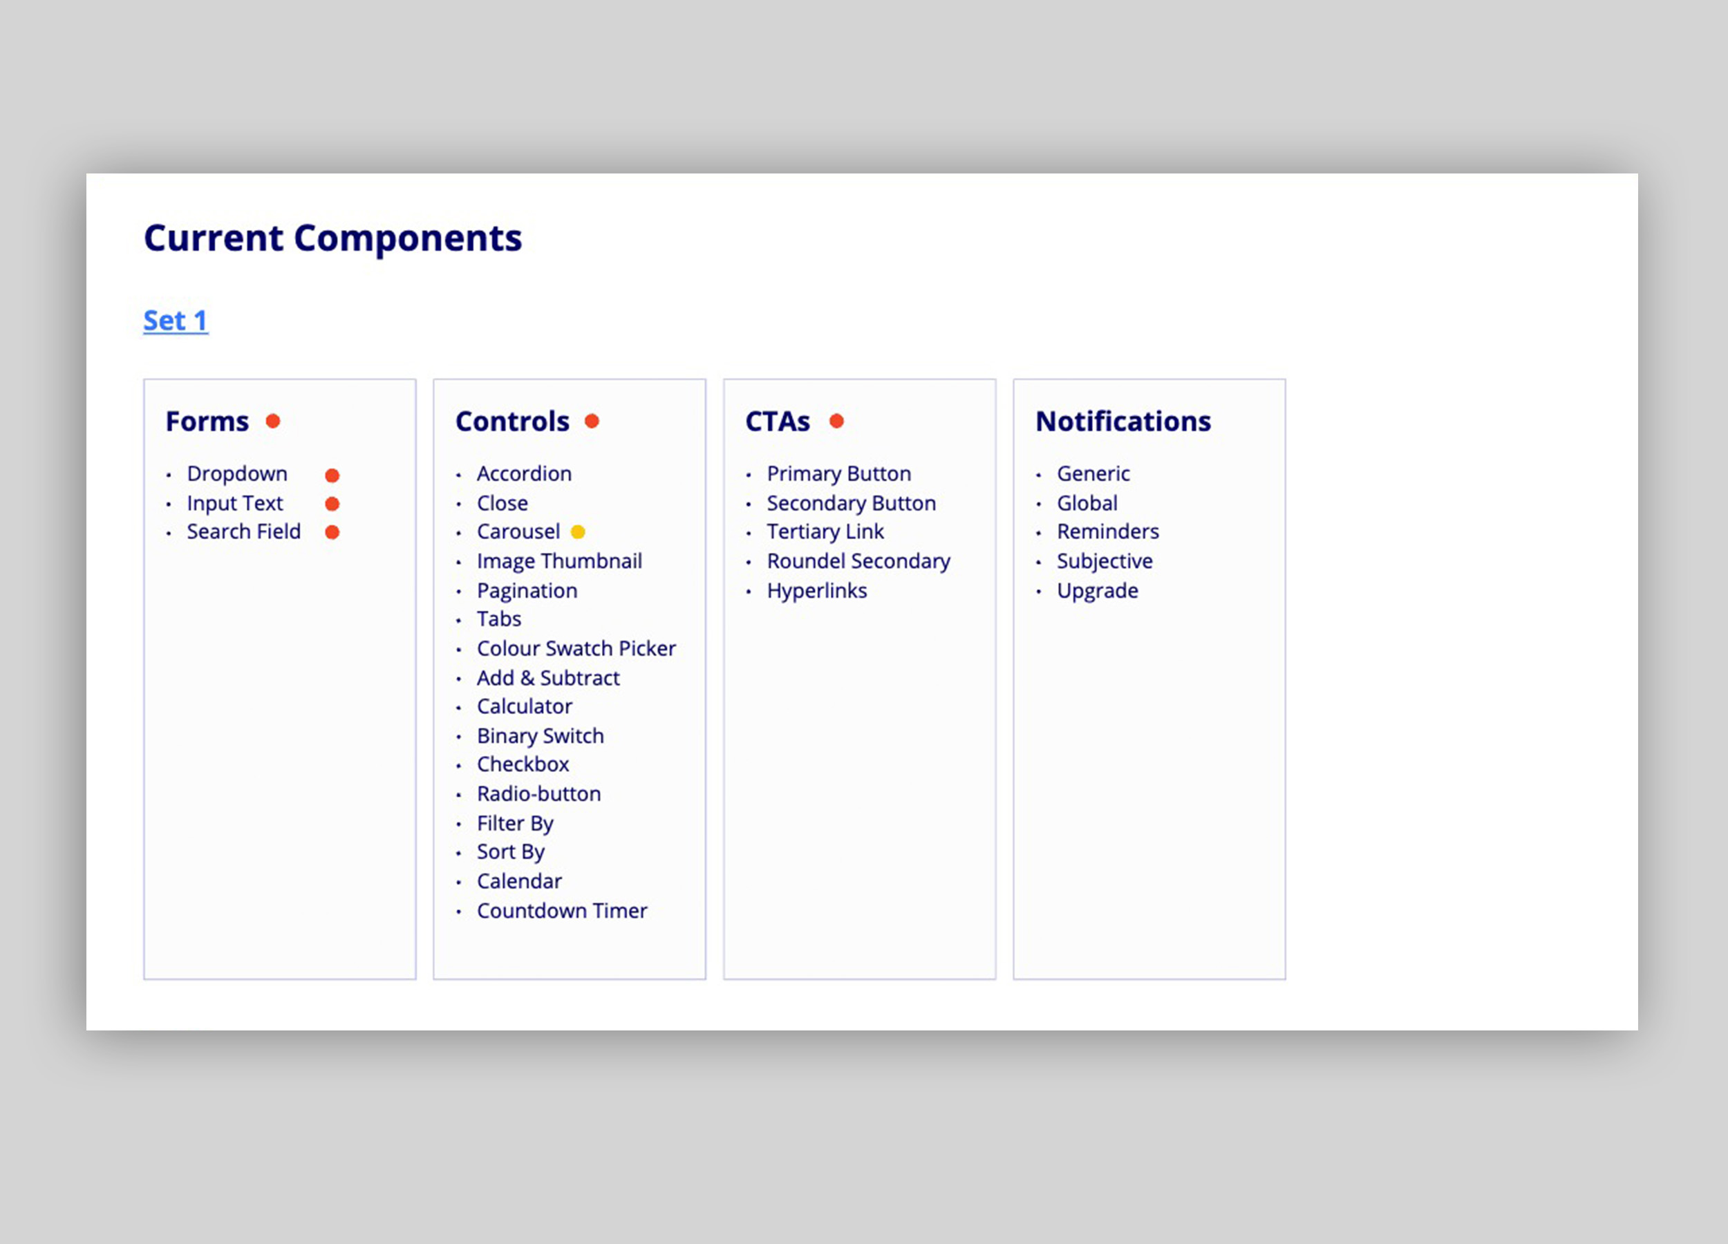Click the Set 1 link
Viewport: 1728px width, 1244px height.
click(x=176, y=321)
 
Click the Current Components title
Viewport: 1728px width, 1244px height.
click(x=333, y=238)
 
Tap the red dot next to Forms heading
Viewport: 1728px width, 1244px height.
click(x=273, y=422)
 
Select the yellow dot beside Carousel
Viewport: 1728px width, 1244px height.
click(x=579, y=531)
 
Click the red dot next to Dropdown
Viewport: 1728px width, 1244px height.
click(x=332, y=475)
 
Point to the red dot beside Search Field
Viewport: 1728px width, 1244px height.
click(x=332, y=531)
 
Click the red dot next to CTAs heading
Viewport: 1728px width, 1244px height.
click(x=836, y=422)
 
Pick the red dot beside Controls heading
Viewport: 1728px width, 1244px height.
click(x=592, y=422)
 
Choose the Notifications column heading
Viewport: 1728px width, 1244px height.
click(x=1123, y=422)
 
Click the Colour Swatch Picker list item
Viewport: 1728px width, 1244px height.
click(x=576, y=648)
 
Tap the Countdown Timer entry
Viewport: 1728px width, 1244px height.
click(x=562, y=910)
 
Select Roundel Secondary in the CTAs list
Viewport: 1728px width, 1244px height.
click(x=858, y=561)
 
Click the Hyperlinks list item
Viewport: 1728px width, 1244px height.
click(x=817, y=591)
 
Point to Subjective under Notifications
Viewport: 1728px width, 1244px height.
click(x=1105, y=561)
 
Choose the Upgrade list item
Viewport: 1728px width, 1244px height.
click(x=1097, y=591)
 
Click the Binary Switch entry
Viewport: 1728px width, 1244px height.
click(x=541, y=736)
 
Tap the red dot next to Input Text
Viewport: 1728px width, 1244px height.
click(x=332, y=504)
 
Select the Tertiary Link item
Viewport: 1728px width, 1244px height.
click(x=825, y=531)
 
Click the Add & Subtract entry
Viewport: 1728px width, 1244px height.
click(x=548, y=678)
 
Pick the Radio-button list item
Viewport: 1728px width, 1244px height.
click(x=538, y=794)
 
